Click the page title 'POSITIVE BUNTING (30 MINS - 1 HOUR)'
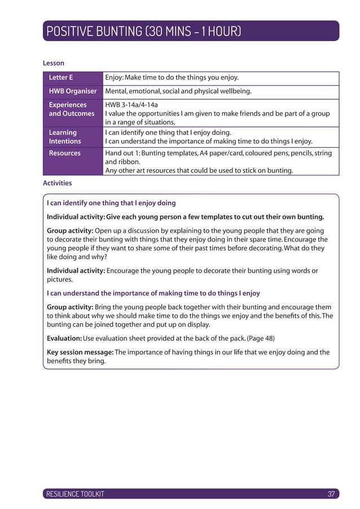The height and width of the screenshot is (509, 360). tap(144, 31)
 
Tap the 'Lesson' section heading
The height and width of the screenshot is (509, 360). tap(54, 63)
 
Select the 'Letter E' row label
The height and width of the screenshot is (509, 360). tap(61, 77)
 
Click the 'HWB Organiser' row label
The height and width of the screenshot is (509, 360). tap(72, 91)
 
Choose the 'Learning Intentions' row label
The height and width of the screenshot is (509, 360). tap(65, 137)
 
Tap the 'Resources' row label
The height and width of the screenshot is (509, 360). tap(64, 153)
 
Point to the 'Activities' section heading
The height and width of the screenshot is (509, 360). tap(57, 183)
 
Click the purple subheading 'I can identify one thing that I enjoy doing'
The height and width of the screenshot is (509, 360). tap(111, 203)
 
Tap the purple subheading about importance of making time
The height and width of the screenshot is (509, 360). tap(153, 293)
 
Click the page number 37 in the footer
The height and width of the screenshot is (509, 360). tap(331, 494)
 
